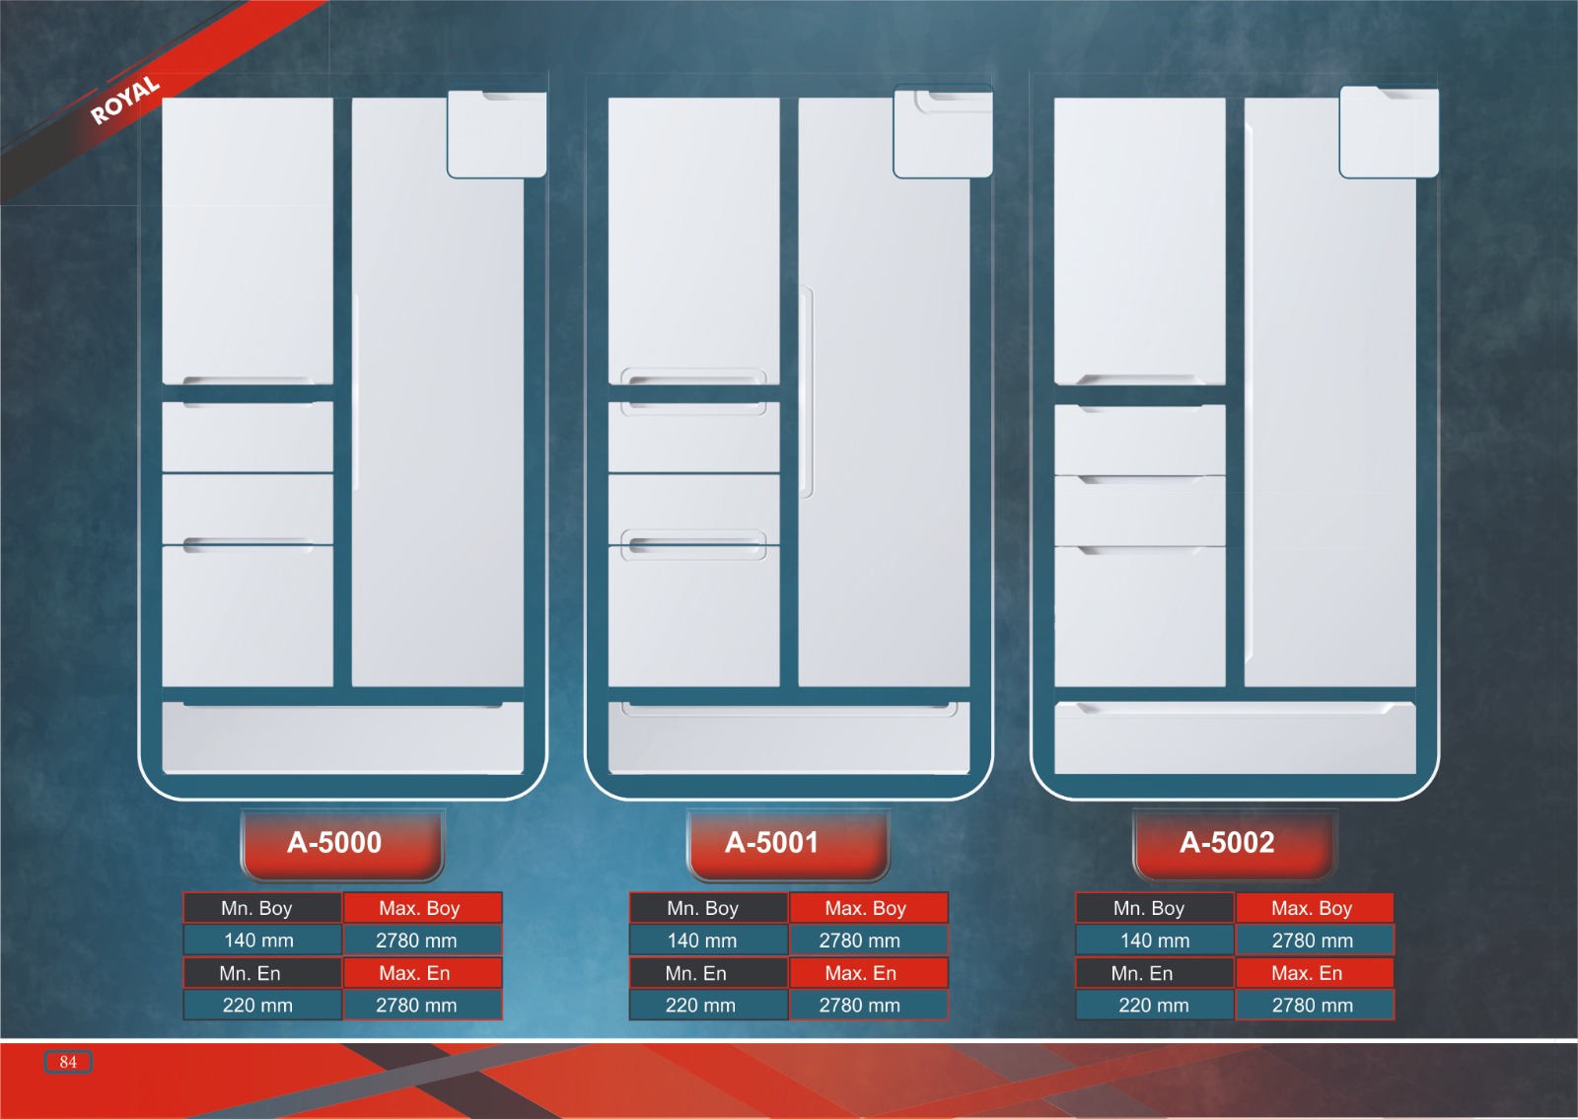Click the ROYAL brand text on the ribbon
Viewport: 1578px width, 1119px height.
pyautogui.click(x=125, y=100)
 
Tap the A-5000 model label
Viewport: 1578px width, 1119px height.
pyautogui.click(x=334, y=843)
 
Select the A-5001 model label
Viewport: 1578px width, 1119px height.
pyautogui.click(x=771, y=843)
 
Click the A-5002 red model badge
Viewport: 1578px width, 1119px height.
pyautogui.click(x=1228, y=843)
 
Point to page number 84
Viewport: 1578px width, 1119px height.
pyautogui.click(x=68, y=1062)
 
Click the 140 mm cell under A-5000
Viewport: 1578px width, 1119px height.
pyautogui.click(x=259, y=941)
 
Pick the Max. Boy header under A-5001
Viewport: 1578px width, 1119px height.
pyautogui.click(x=866, y=908)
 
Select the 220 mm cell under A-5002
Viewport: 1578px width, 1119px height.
pyautogui.click(x=1154, y=1006)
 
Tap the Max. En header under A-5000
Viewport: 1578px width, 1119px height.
pyautogui.click(x=415, y=973)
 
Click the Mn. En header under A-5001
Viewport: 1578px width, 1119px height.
pyautogui.click(x=696, y=973)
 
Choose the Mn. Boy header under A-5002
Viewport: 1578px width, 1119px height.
pyautogui.click(x=1149, y=908)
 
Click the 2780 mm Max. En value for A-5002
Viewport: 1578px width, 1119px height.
pyautogui.click(x=1313, y=1006)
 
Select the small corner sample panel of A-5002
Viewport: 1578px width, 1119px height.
pyautogui.click(x=1389, y=133)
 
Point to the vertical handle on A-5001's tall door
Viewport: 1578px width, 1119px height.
pyautogui.click(x=807, y=391)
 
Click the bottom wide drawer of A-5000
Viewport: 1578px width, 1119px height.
pyautogui.click(x=342, y=738)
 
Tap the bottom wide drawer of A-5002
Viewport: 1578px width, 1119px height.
pyautogui.click(x=1235, y=738)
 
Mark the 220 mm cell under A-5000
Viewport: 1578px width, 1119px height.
pyautogui.click(x=257, y=1006)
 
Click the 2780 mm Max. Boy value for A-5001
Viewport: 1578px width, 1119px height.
pyautogui.click(x=859, y=941)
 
